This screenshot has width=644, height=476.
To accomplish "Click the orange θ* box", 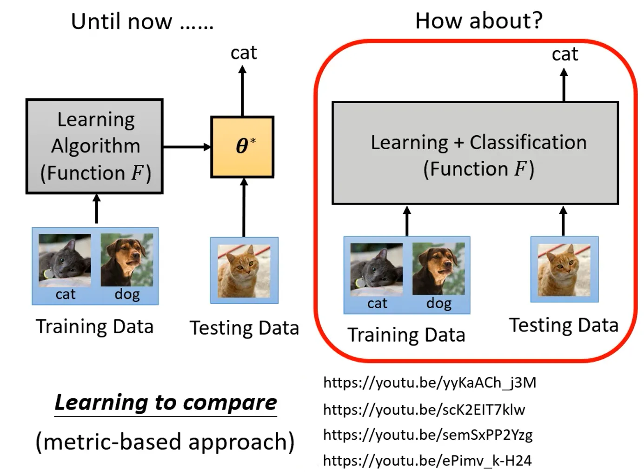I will click(x=242, y=146).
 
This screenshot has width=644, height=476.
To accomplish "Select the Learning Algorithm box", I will click(x=94, y=146).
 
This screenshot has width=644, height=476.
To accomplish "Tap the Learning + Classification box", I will click(x=475, y=153).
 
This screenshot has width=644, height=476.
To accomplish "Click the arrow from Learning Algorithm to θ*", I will click(x=186, y=147).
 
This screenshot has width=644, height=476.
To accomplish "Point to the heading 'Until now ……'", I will click(x=142, y=22).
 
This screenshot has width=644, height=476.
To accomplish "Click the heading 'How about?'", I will click(x=478, y=21).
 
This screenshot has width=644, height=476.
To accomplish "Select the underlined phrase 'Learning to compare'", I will click(x=166, y=403).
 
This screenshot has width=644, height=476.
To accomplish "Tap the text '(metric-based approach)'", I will click(x=165, y=442).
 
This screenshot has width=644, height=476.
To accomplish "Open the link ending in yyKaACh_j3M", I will click(x=430, y=383).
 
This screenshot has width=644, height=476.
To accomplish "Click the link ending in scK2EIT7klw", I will click(x=424, y=410).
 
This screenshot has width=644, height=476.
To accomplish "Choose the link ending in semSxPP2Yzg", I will click(x=428, y=435).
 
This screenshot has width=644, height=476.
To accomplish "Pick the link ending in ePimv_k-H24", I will click(x=427, y=461).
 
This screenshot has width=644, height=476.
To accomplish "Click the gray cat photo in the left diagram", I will click(x=65, y=260).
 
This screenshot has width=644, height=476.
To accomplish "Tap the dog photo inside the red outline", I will click(x=438, y=268).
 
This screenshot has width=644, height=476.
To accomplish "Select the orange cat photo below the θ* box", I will click(x=244, y=271).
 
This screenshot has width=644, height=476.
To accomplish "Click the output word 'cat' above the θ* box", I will click(x=244, y=53).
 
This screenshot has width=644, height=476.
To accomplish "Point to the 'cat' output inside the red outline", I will click(x=564, y=54).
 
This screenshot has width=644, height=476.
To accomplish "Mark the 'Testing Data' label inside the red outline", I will click(x=564, y=325).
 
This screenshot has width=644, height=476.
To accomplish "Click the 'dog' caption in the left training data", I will click(x=127, y=294).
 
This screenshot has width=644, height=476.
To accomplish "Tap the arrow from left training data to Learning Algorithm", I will click(x=96, y=209).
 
